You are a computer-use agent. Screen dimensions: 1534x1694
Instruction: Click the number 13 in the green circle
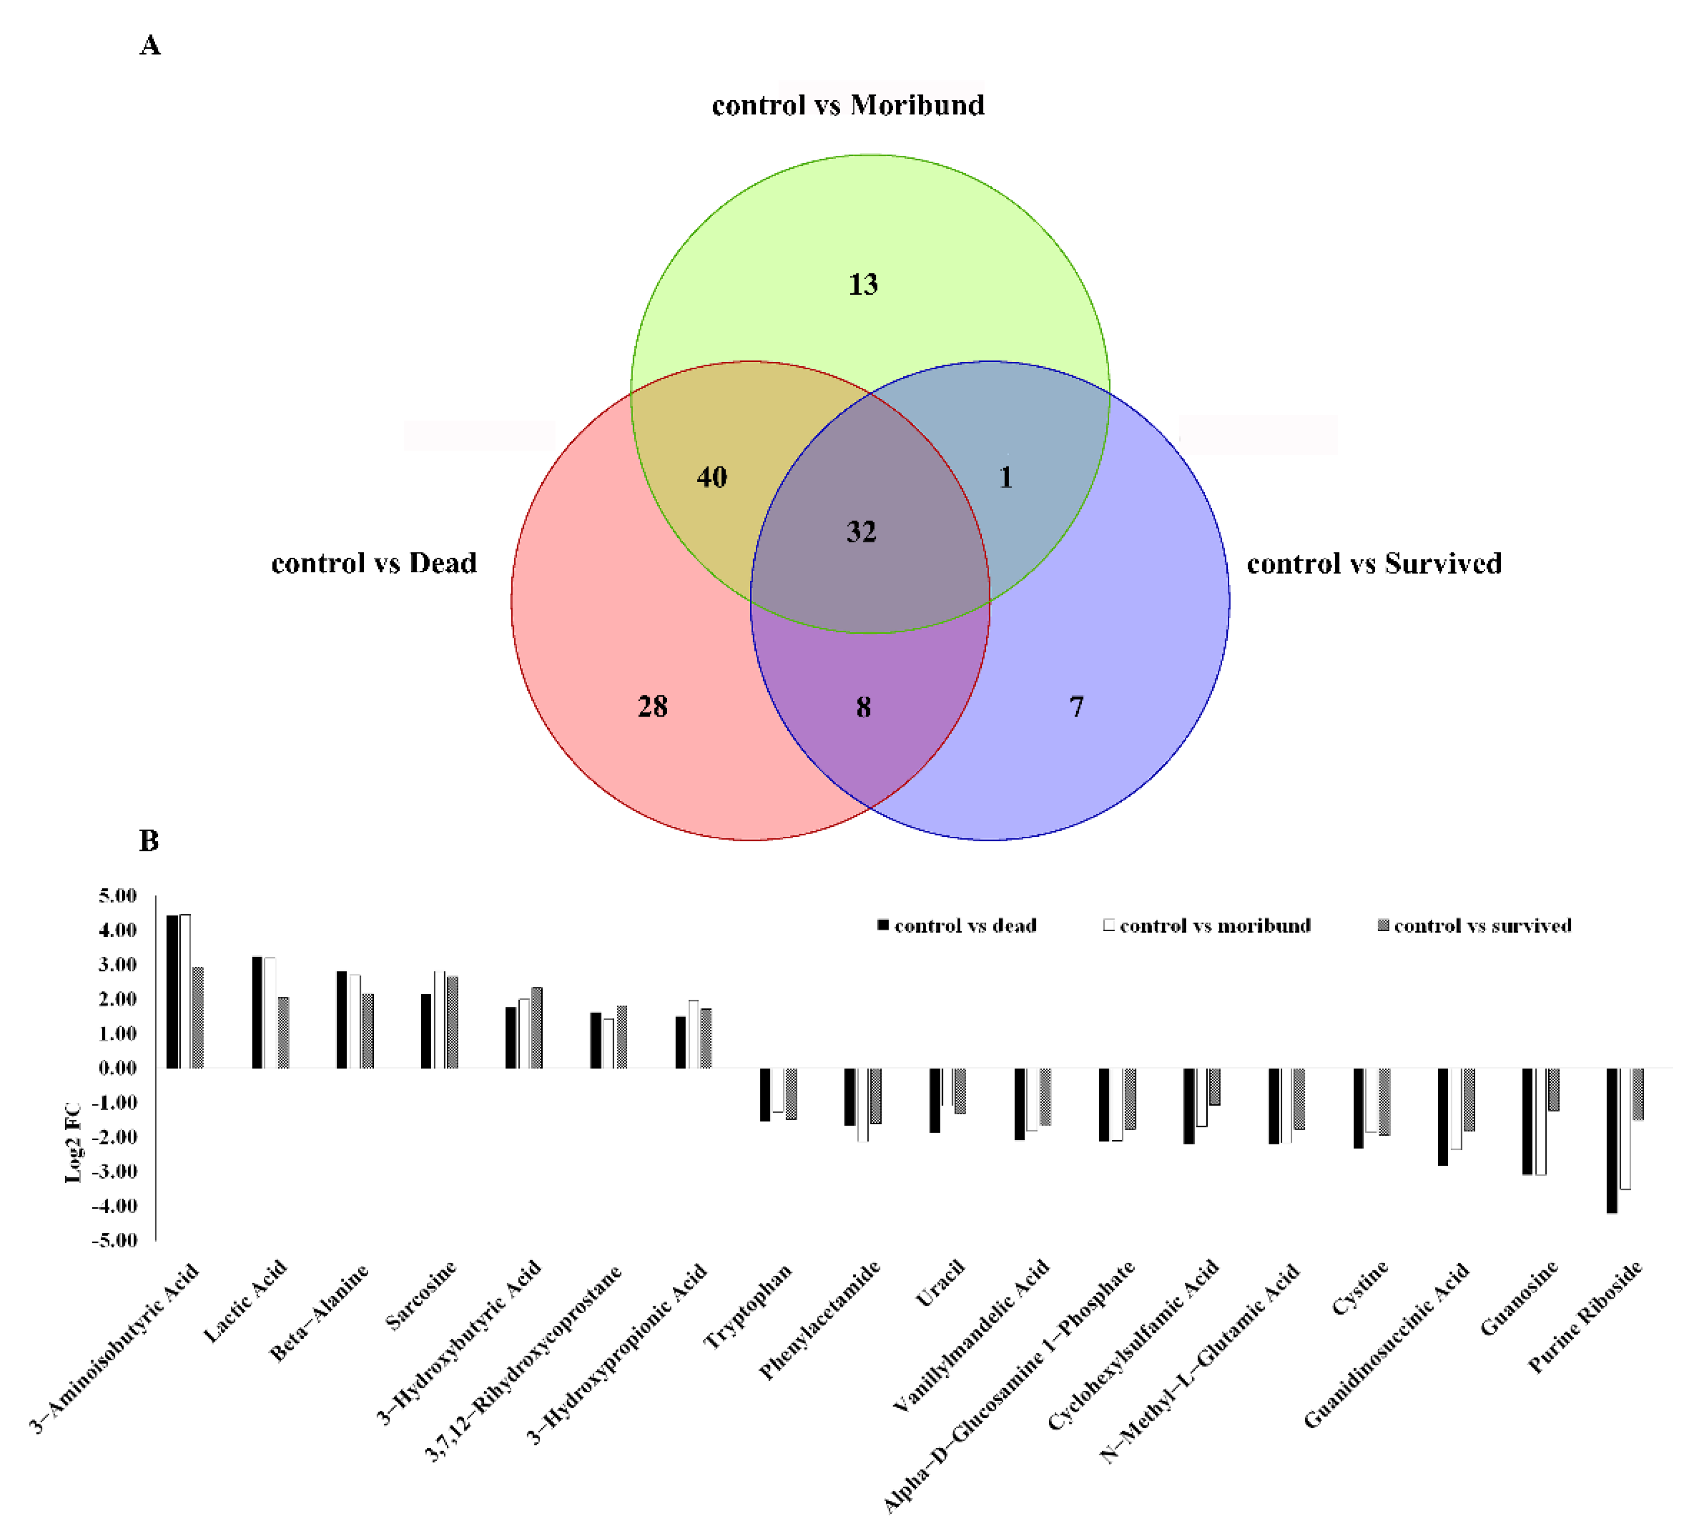point(863,284)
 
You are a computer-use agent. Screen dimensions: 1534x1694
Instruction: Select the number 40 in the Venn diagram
point(712,477)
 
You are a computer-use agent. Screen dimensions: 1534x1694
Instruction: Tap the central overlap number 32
point(861,531)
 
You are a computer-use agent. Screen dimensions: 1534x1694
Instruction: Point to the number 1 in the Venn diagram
point(1006,477)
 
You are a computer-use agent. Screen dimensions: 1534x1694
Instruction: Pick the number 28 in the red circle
point(653,706)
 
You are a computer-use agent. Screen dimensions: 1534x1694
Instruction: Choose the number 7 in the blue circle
point(1076,706)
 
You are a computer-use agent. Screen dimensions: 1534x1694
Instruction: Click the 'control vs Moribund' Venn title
point(848,105)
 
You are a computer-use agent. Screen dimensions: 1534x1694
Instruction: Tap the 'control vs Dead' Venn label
point(374,562)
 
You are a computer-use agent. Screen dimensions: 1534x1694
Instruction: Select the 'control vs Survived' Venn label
point(1374,563)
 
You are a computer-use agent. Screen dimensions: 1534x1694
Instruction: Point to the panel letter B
point(149,840)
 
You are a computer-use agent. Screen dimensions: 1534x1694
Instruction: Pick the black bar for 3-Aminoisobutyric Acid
point(172,992)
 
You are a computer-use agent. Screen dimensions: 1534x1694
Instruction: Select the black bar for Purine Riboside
point(1612,1140)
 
